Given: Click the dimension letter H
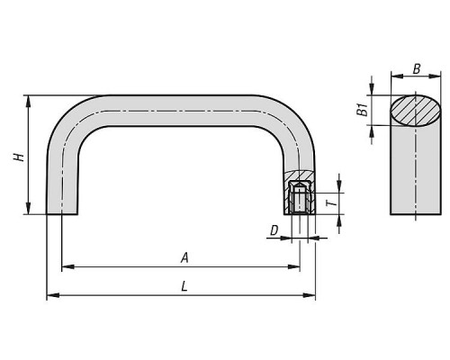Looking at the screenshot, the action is tap(19, 157).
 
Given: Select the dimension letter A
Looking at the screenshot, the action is tap(184, 258).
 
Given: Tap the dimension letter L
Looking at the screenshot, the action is tap(184, 286).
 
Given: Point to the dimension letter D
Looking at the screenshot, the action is tap(274, 230).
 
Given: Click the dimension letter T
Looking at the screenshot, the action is tap(331, 203).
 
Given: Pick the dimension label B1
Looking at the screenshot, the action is tap(363, 110).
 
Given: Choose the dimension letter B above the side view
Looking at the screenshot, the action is tap(417, 69).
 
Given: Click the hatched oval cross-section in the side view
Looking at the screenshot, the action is tap(416, 111).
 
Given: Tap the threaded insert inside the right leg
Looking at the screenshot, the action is tap(300, 197).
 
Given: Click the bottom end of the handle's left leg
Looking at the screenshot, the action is tap(62, 214).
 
